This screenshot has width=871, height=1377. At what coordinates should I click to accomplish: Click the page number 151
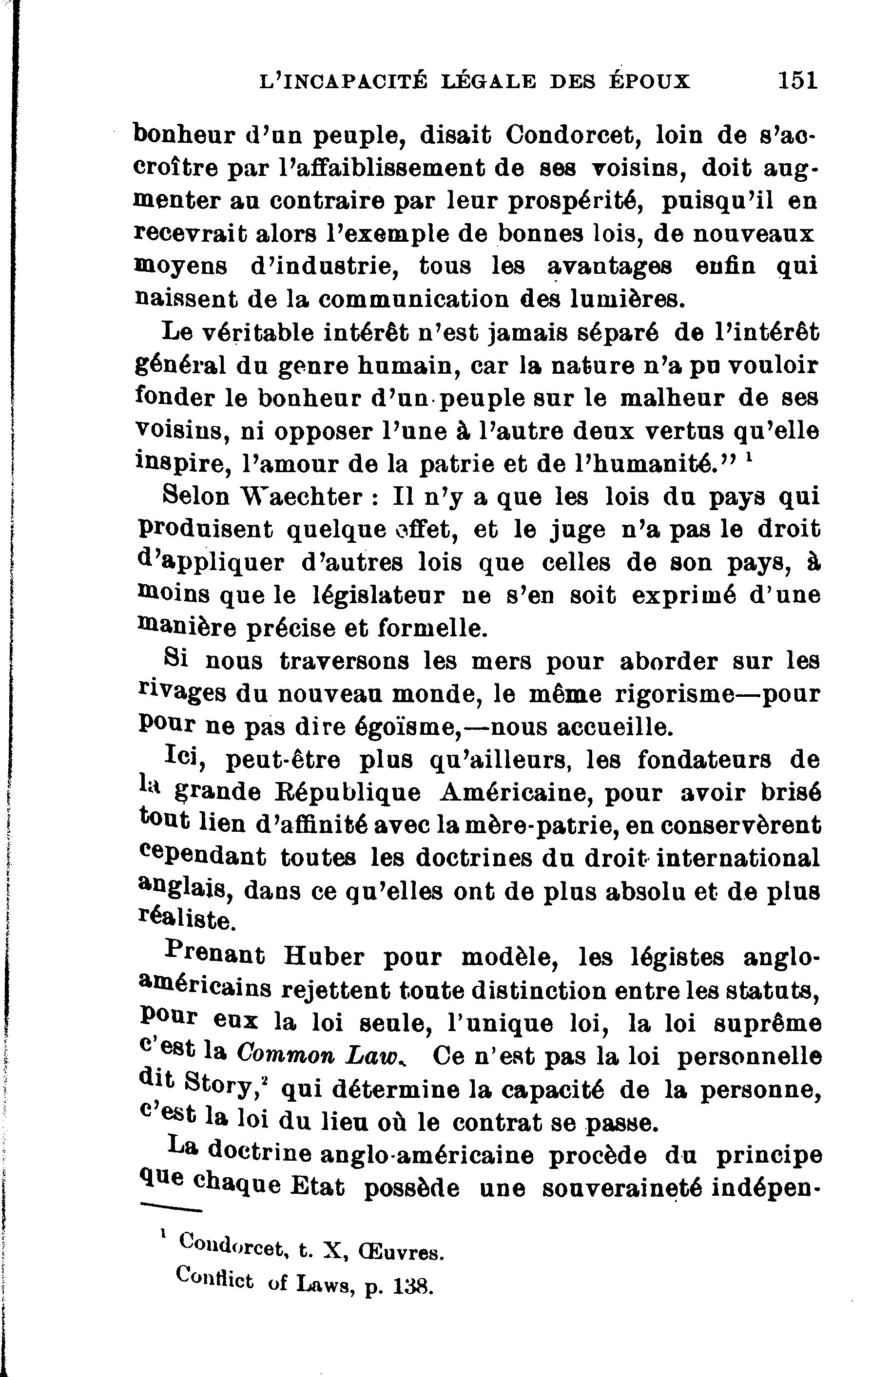797,80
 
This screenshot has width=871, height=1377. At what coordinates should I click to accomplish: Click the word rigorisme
674,694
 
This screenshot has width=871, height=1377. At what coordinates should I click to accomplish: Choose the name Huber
324,956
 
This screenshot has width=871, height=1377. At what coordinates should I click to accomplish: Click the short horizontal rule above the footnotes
172,1208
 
